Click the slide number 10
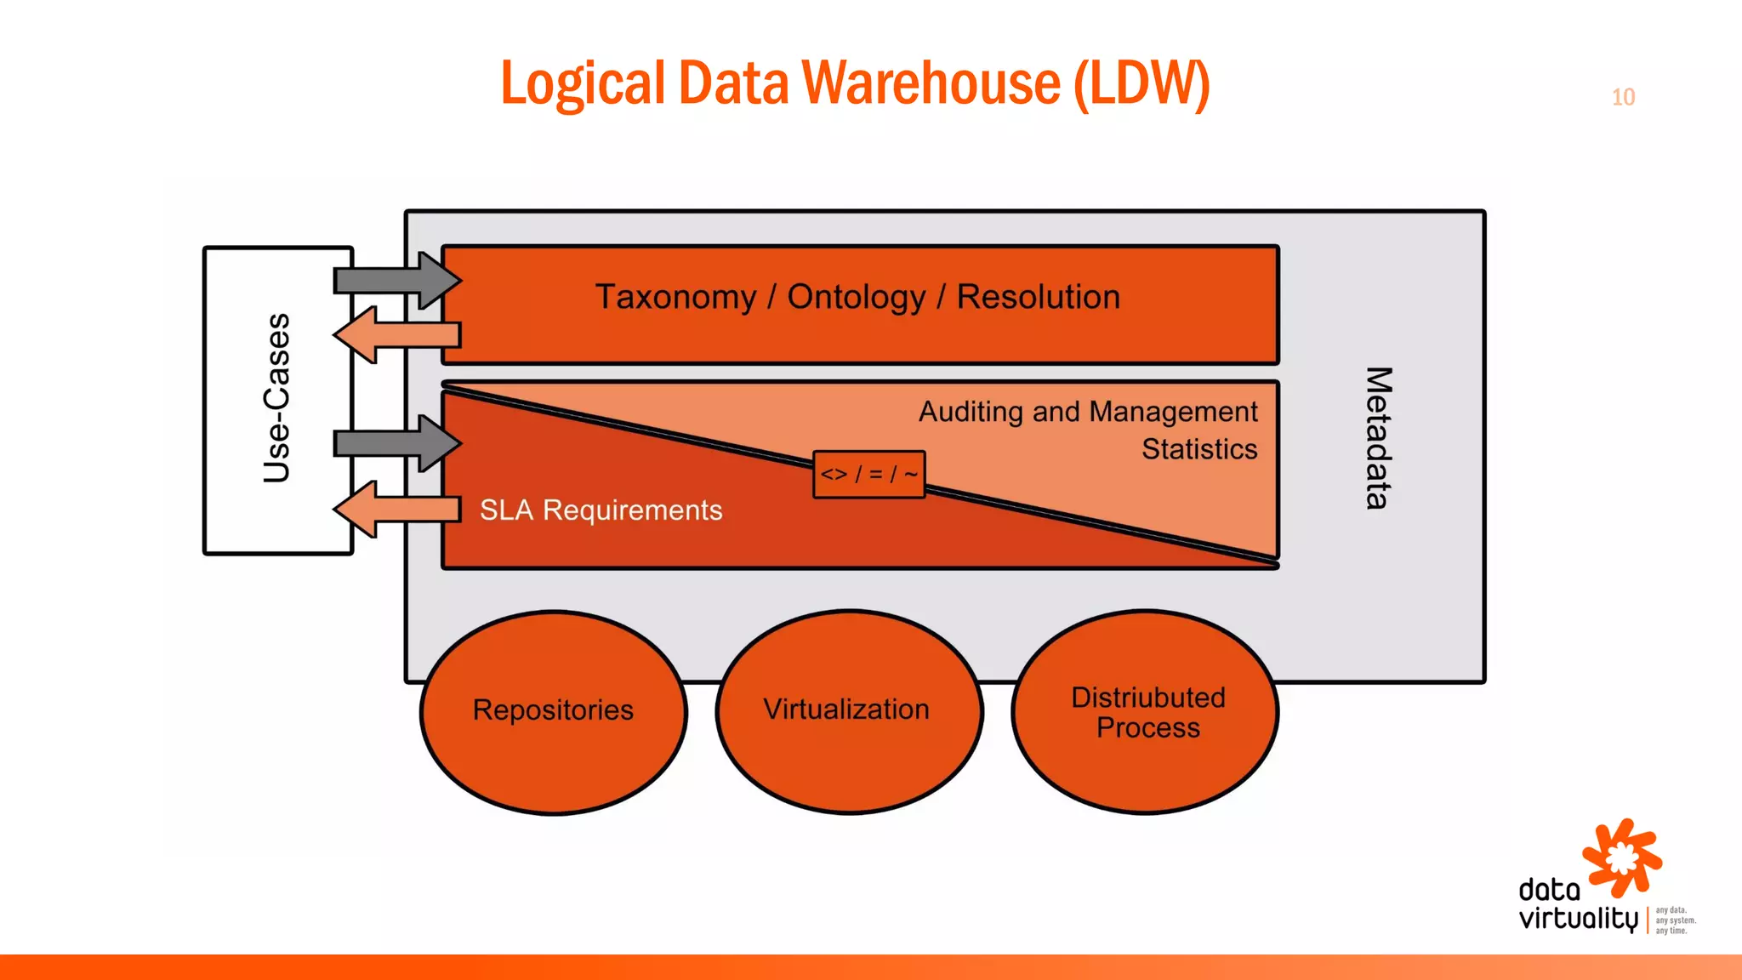(x=1623, y=97)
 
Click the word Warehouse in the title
(x=931, y=84)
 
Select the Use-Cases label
(x=277, y=398)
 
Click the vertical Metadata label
(x=1378, y=437)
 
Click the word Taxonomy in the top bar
(x=675, y=297)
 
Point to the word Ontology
(x=856, y=297)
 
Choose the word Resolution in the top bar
(x=1038, y=297)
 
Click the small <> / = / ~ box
(x=868, y=474)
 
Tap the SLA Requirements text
(x=601, y=510)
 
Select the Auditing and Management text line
(x=1087, y=412)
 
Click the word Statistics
(x=1198, y=448)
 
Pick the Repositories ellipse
(x=553, y=711)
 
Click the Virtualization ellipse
(x=847, y=709)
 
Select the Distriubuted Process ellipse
(x=1147, y=711)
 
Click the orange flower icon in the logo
(x=1622, y=857)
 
